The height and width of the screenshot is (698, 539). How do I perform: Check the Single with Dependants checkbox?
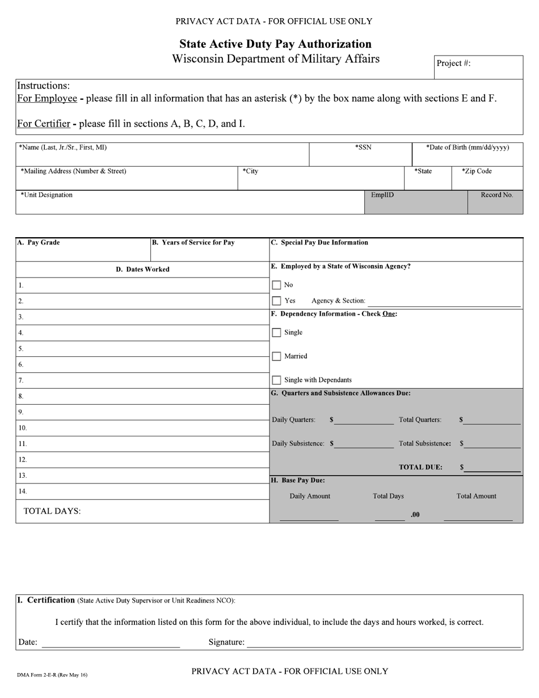276,380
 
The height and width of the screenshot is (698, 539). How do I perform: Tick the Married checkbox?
276,356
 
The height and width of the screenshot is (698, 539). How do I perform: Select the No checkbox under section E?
276,285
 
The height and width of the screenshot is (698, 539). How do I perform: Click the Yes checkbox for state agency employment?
276,301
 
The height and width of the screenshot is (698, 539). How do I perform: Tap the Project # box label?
453,63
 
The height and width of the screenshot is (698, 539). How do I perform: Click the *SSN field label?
363,148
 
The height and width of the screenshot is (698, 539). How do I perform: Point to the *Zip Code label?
477,171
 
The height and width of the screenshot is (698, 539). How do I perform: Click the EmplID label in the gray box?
382,195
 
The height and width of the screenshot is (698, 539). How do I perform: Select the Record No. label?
496,195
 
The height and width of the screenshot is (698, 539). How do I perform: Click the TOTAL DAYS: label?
52,511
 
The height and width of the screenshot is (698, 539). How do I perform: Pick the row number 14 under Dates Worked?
22,491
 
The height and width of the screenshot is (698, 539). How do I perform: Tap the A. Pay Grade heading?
39,243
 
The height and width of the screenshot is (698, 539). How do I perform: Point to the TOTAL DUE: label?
420,468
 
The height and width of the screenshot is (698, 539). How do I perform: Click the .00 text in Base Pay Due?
415,515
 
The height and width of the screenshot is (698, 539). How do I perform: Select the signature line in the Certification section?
384,644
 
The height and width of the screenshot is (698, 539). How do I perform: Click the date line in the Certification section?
111,644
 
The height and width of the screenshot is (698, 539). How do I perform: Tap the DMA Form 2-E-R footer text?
52,675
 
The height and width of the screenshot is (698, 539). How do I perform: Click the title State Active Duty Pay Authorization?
276,44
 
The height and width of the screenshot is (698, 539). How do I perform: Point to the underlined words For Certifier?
44,124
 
